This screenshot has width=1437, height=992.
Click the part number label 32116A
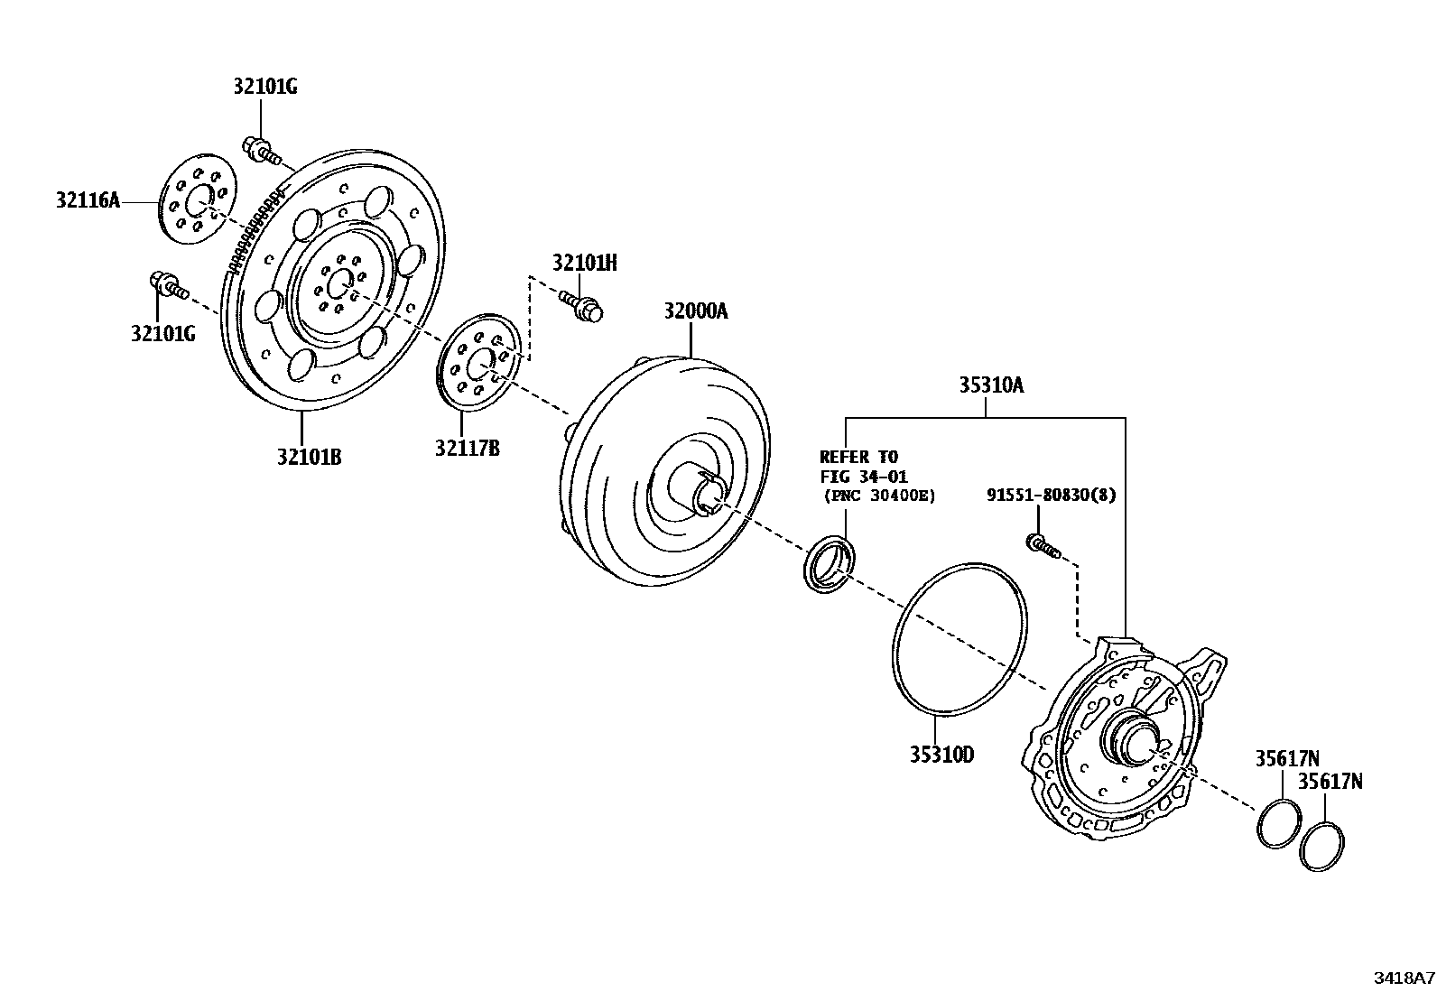click(x=88, y=200)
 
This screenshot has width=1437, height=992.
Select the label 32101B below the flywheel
click(x=309, y=457)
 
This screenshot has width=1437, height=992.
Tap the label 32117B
click(x=467, y=447)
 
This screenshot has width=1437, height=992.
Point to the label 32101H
click(x=585, y=263)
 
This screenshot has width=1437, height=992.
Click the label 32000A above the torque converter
click(x=695, y=311)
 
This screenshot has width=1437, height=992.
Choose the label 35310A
click(x=991, y=385)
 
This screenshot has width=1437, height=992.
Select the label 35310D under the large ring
click(x=941, y=755)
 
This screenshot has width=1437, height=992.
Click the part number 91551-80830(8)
click(x=1051, y=495)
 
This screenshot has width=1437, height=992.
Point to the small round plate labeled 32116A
click(x=196, y=199)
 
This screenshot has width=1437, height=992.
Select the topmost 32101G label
click(x=264, y=87)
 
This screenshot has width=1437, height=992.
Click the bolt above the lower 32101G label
click(x=168, y=285)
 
